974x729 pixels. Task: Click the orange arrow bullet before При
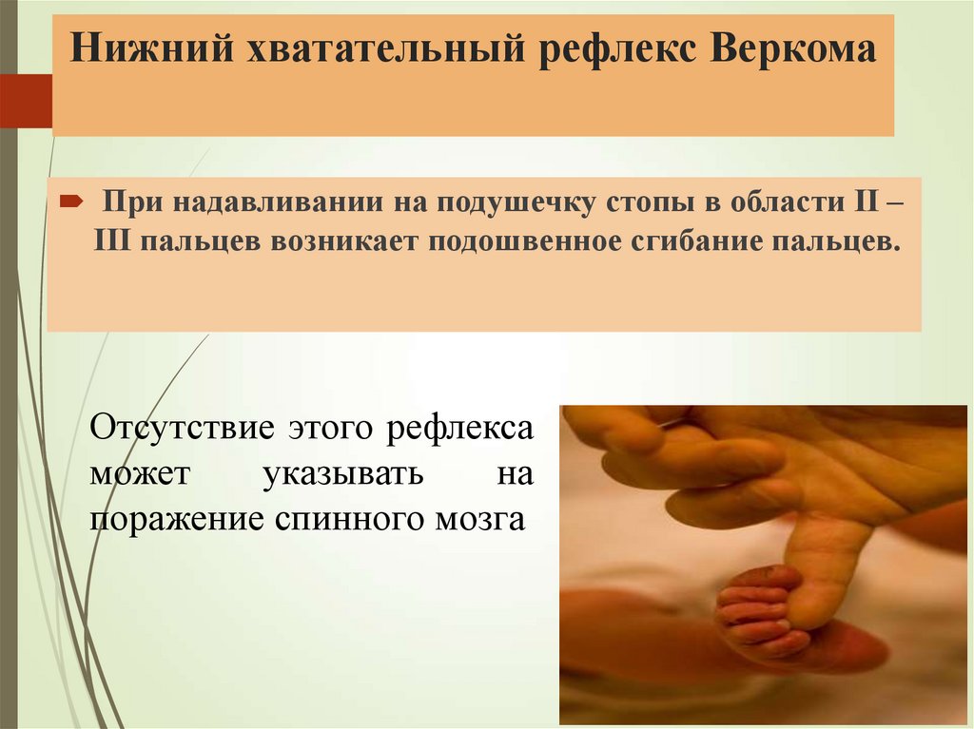click(x=71, y=201)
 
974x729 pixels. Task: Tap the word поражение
click(x=168, y=519)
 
